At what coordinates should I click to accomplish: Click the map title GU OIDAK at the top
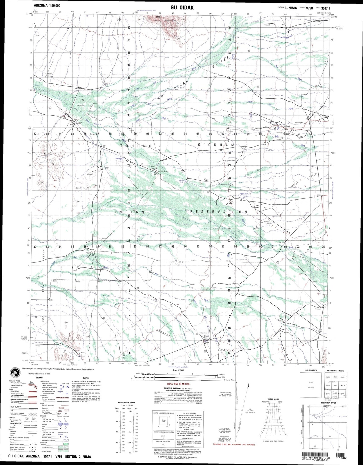[x=182, y=8]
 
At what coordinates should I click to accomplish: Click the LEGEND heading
[x=39, y=377]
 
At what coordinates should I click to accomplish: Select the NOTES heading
[x=86, y=378]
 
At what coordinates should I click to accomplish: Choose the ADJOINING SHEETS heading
[x=337, y=371]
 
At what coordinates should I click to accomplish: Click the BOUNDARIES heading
[x=311, y=370]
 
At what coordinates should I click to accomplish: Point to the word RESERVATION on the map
[x=219, y=212]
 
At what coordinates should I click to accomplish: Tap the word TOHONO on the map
[x=136, y=146]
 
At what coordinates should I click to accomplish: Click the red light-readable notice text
[x=234, y=444]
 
